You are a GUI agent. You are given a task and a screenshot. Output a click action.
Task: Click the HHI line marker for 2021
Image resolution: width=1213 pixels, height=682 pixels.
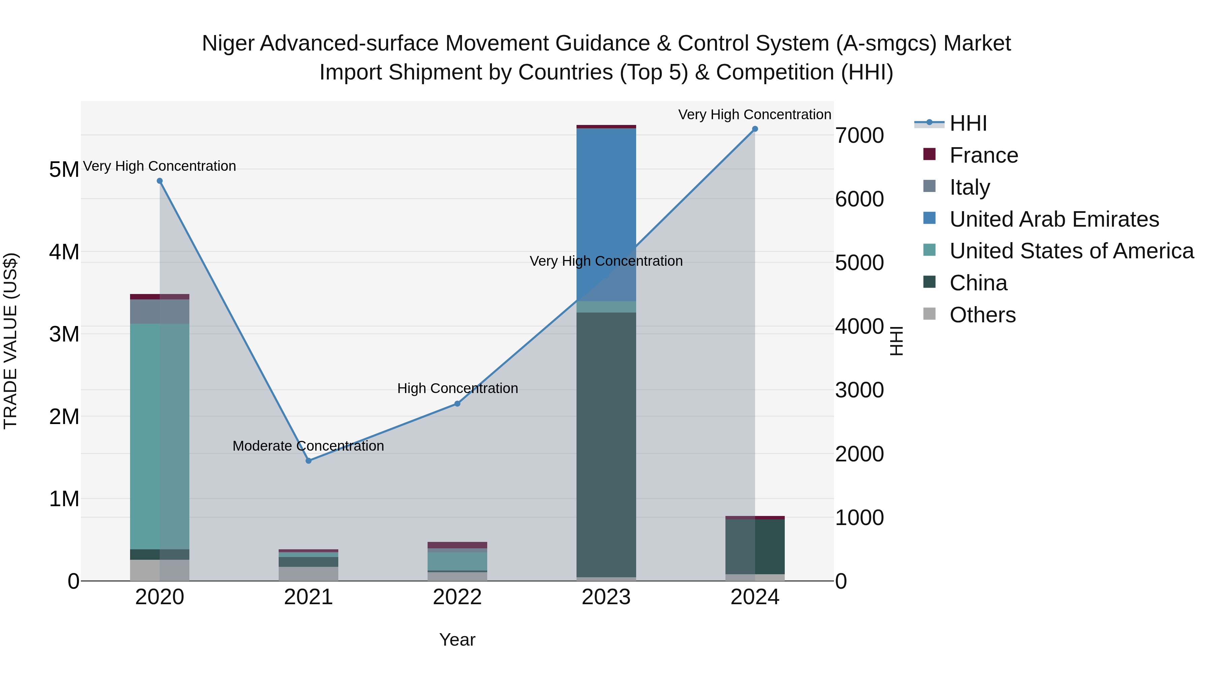(308, 461)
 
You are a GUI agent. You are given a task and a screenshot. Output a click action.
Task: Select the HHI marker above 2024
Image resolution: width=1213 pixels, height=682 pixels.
(755, 129)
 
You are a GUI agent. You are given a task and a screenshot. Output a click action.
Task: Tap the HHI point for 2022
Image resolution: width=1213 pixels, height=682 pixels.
(457, 404)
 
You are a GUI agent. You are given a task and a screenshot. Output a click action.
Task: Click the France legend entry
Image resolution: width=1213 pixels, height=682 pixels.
(983, 155)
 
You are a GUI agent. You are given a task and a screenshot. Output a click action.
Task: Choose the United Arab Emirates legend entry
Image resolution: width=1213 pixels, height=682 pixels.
(1054, 219)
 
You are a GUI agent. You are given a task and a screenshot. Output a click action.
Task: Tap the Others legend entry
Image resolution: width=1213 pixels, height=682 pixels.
(982, 315)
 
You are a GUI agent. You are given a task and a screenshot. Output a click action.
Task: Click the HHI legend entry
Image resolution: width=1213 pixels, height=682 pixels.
(968, 123)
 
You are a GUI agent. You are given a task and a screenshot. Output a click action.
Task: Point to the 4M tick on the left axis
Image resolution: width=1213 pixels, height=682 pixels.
(64, 252)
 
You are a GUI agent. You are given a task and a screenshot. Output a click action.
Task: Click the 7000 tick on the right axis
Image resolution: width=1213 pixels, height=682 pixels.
(859, 135)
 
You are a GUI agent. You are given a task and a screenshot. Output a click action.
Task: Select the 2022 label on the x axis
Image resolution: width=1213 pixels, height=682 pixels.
(457, 597)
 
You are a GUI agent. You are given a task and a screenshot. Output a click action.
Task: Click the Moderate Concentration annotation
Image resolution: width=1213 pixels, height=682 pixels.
(308, 446)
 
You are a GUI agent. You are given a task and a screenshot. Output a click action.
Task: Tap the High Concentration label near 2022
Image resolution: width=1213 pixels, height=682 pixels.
(457, 388)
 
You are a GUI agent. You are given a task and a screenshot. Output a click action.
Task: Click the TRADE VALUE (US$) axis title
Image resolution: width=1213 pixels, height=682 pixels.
(10, 341)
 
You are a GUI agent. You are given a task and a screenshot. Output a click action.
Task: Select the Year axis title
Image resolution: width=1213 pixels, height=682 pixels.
(457, 640)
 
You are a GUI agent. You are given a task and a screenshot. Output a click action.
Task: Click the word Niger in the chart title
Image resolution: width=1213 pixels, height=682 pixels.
(228, 43)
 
